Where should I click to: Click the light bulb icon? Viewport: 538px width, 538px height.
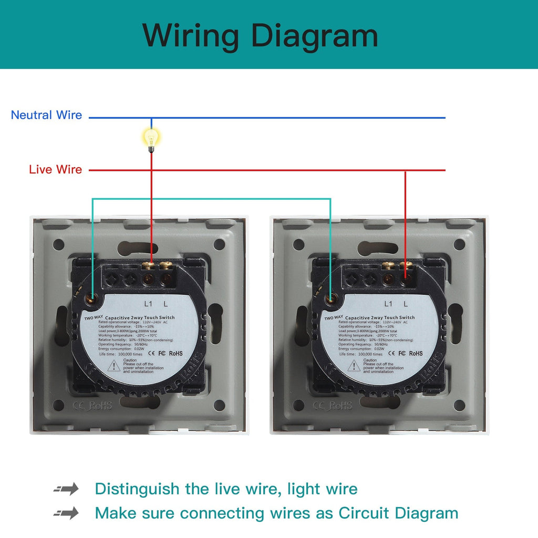(x=151, y=139)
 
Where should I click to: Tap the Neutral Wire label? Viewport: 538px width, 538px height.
(x=47, y=115)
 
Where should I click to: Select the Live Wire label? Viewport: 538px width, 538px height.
(x=55, y=169)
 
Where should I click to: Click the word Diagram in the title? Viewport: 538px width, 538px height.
(x=314, y=35)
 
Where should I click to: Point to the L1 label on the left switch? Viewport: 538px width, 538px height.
(x=148, y=304)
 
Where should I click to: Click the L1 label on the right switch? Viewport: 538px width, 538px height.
(x=388, y=304)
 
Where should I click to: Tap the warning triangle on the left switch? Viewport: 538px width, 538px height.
(x=113, y=366)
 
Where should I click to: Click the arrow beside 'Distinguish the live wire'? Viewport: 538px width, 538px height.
(x=66, y=489)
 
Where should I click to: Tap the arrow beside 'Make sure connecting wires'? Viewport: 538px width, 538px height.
(x=66, y=513)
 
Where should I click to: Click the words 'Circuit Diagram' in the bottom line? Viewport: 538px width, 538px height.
(x=398, y=513)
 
